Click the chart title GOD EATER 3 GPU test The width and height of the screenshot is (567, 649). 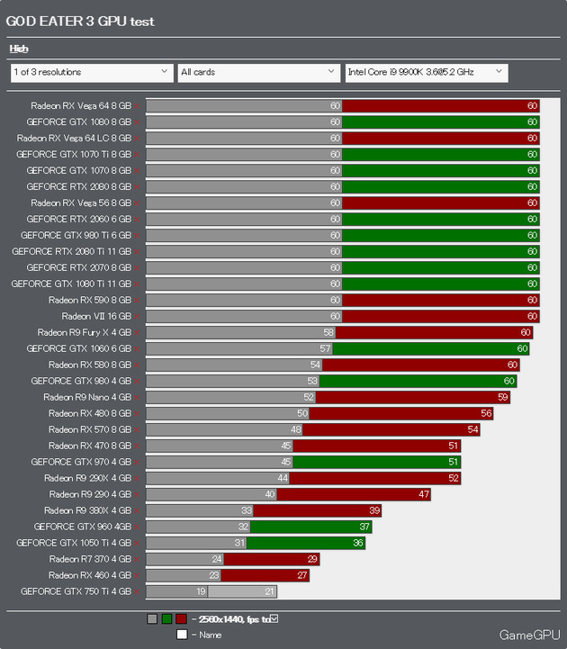(x=80, y=22)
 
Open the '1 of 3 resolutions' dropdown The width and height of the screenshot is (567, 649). (x=91, y=72)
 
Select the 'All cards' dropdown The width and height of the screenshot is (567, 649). (x=257, y=72)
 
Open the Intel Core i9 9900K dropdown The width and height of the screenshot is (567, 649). (x=426, y=72)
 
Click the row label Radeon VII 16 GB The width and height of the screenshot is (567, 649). (x=96, y=316)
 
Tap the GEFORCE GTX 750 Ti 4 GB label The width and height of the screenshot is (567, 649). (x=76, y=591)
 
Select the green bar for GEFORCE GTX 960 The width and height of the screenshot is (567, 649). (x=306, y=527)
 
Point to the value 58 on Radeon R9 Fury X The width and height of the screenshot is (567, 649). (x=328, y=332)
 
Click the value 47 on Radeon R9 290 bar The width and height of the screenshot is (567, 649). (x=424, y=494)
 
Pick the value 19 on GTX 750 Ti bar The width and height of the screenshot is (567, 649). (x=200, y=591)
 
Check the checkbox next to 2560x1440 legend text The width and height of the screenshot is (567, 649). (x=274, y=618)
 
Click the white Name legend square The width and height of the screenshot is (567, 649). (x=182, y=635)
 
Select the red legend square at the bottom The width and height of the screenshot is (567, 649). (x=182, y=619)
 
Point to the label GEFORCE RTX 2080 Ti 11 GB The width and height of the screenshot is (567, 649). (x=71, y=251)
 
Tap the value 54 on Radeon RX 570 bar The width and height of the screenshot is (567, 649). (x=473, y=429)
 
